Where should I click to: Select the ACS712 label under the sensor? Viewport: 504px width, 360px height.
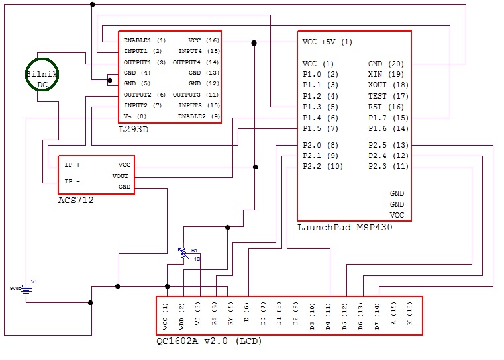point(76,200)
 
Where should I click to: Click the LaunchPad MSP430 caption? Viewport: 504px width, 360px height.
point(344,228)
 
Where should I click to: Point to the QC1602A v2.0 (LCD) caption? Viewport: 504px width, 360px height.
point(209,341)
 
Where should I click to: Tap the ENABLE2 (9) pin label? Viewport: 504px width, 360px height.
point(199,116)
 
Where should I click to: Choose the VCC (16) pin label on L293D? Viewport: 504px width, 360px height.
point(203,40)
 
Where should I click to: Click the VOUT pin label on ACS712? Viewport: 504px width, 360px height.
point(121,176)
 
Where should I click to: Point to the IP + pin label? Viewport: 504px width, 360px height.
point(73,165)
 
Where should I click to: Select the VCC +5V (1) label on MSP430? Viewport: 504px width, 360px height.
point(327,42)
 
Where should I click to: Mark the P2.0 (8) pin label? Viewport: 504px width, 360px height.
point(321,145)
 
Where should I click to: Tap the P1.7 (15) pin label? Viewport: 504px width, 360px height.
point(388,118)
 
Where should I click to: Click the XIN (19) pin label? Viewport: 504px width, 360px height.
point(386,74)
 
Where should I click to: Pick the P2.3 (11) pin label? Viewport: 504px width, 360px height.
point(388,166)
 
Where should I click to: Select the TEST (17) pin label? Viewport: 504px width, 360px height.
point(386,96)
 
